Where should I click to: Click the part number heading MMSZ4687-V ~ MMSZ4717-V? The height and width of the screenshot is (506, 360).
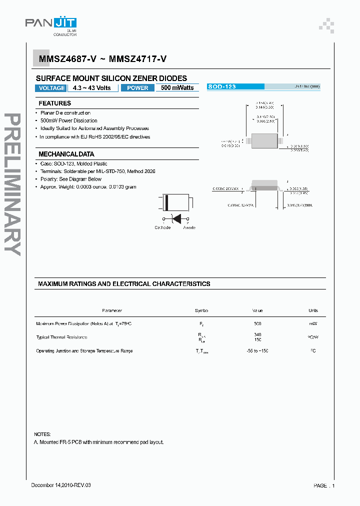pos(103,59)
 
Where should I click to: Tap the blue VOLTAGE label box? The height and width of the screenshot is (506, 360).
pos(51,88)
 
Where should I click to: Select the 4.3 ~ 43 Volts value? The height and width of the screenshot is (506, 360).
pos(92,88)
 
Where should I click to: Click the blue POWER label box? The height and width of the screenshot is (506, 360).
pos(137,88)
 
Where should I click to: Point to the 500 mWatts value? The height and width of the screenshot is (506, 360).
pos(177,88)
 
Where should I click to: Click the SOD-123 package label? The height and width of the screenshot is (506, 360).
pos(222,86)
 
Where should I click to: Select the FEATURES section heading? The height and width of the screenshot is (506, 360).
pos(55,103)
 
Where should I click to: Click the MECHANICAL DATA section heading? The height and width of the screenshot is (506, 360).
pos(66,154)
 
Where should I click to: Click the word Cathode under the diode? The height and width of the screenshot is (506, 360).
pos(162,227)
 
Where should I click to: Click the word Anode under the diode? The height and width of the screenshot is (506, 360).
pos(189,227)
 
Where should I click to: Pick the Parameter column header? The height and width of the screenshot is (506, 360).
pos(112,310)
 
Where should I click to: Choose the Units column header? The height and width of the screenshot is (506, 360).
pos(313,310)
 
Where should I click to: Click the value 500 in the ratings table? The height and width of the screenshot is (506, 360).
pos(257,324)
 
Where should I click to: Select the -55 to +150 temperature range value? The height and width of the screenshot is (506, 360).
pos(257,351)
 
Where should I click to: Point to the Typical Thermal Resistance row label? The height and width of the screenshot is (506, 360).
pos(61,337)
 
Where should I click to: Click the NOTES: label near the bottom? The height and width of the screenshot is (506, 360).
pos(42,434)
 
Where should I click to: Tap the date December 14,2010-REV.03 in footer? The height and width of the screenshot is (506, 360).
pos(61,485)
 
